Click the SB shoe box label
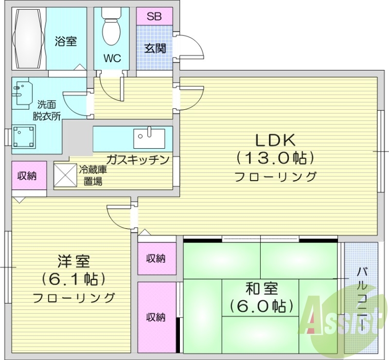(154, 16)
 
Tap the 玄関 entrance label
(155, 49)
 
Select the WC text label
(111, 58)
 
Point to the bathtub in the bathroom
(29, 39)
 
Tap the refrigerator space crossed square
(65, 175)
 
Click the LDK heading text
(276, 140)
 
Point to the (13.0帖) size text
(276, 158)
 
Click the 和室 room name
(262, 289)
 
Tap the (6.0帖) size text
(262, 306)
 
